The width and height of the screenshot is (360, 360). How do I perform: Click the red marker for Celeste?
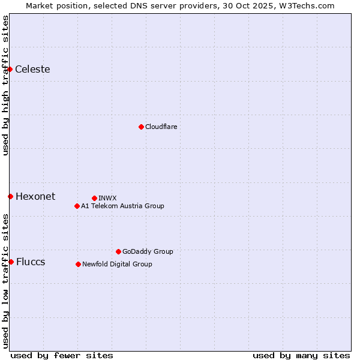(10, 70)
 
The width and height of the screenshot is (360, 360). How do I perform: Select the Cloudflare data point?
(141, 127)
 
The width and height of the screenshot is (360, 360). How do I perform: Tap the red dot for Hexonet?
(10, 196)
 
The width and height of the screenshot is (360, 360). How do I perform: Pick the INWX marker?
(94, 198)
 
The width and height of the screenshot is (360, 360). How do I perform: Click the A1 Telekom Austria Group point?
(77, 206)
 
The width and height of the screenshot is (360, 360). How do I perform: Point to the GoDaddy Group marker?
(118, 251)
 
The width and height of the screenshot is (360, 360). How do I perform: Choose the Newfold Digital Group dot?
(78, 264)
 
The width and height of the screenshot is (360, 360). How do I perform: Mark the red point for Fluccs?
(11, 262)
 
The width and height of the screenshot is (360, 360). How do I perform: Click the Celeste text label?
(32, 69)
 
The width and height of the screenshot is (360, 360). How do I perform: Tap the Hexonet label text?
(35, 196)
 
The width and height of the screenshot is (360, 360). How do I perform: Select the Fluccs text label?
(31, 262)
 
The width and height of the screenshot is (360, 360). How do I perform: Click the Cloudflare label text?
(161, 127)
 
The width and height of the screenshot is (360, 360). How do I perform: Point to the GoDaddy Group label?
(148, 251)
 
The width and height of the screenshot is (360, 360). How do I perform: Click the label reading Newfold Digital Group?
(117, 264)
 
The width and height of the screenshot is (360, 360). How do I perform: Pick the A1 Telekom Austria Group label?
(122, 206)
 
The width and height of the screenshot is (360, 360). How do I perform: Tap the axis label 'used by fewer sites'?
(62, 355)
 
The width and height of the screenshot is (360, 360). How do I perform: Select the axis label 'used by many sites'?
(301, 355)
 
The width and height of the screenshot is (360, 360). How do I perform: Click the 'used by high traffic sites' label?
(5, 85)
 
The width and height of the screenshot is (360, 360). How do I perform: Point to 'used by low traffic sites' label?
(5, 281)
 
